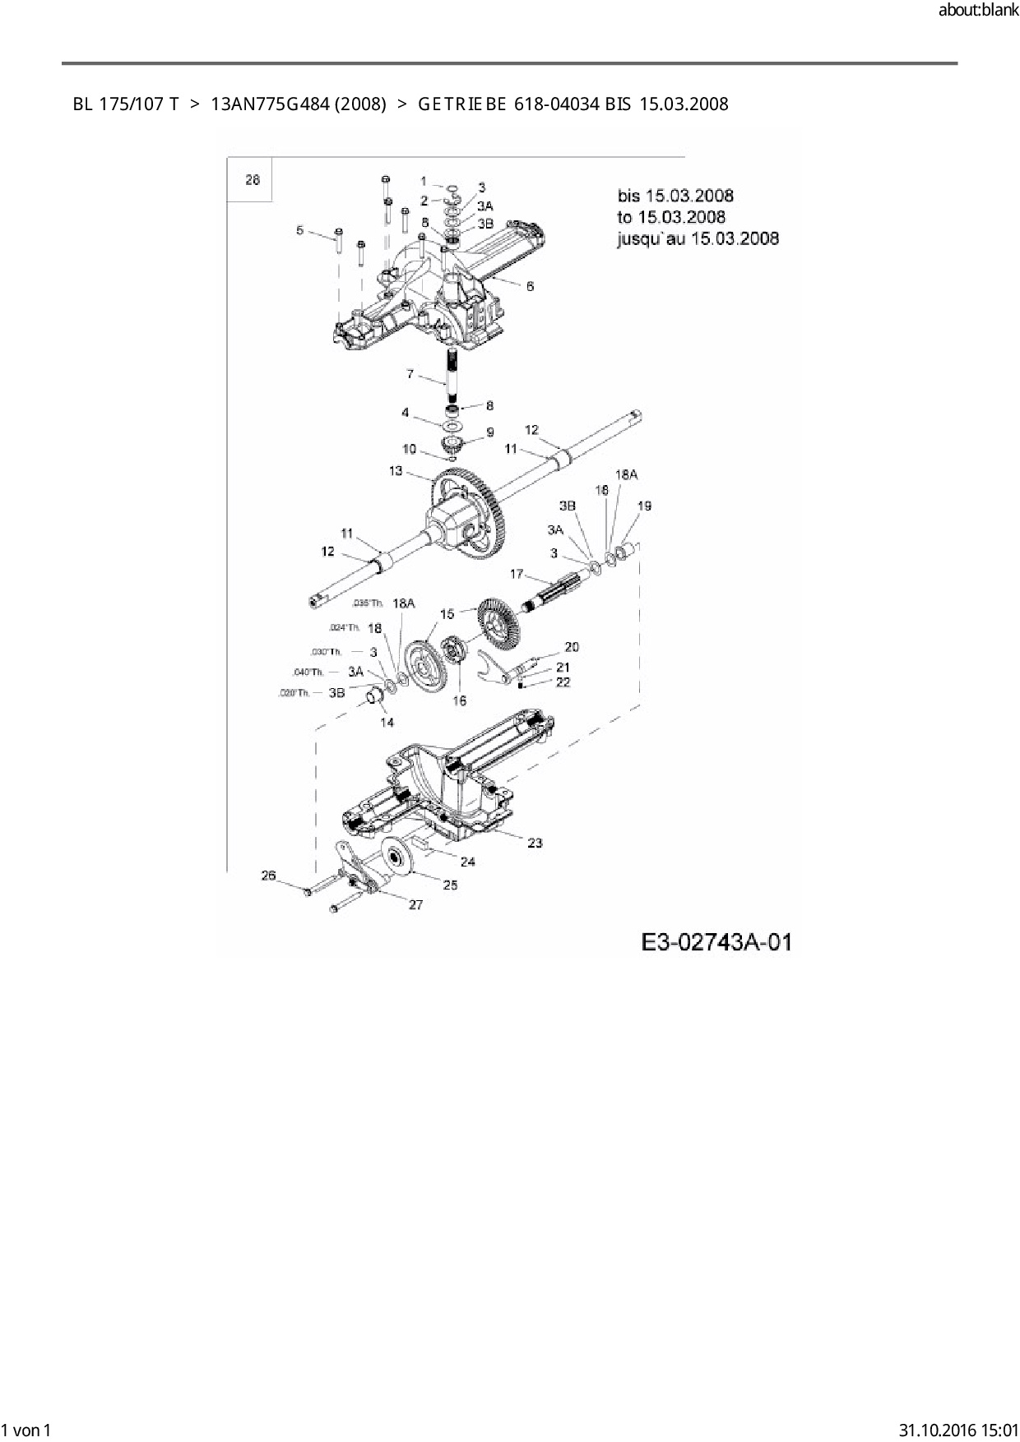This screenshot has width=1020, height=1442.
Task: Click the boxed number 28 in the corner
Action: (x=253, y=179)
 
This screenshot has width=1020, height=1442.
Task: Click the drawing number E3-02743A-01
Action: (x=716, y=941)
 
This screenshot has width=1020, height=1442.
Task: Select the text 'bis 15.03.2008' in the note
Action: (x=675, y=196)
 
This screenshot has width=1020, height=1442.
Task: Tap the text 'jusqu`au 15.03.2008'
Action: (x=698, y=238)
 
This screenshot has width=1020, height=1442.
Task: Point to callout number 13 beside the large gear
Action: (x=396, y=471)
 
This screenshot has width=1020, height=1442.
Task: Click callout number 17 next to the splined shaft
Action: (x=517, y=573)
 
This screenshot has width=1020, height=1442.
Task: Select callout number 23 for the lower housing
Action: (x=535, y=843)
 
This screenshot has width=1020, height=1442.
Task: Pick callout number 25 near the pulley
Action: (x=450, y=885)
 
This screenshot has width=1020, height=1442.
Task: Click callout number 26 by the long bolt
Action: (x=268, y=876)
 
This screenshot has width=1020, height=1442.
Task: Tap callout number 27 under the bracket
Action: (x=415, y=904)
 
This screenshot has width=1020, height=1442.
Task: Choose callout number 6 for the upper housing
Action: (x=530, y=286)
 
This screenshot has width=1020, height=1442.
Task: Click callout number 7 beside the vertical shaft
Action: (x=410, y=374)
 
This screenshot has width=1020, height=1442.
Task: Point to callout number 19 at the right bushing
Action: (x=644, y=506)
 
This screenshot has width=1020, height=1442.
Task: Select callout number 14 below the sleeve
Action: (x=387, y=722)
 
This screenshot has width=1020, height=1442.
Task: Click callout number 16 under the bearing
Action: (x=459, y=700)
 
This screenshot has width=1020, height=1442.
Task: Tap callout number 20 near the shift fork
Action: (x=572, y=647)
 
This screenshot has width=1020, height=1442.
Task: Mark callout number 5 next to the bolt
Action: (x=299, y=230)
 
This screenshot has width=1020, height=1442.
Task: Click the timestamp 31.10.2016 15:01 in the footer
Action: (x=959, y=1429)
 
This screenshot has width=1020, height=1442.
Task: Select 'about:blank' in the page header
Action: (x=978, y=11)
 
